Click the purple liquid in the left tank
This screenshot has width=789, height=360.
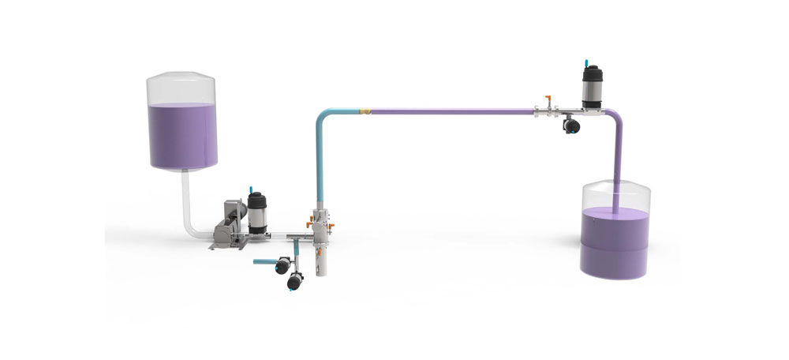181,134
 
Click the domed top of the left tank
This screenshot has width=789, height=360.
181,82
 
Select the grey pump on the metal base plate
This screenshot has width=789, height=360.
229,225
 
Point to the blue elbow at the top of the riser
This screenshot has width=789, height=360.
325,114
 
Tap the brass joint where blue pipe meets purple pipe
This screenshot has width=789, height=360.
365,111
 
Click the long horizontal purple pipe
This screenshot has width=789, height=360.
450,111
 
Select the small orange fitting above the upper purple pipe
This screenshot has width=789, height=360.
544,101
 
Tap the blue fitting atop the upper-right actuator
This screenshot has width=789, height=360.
587,60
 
